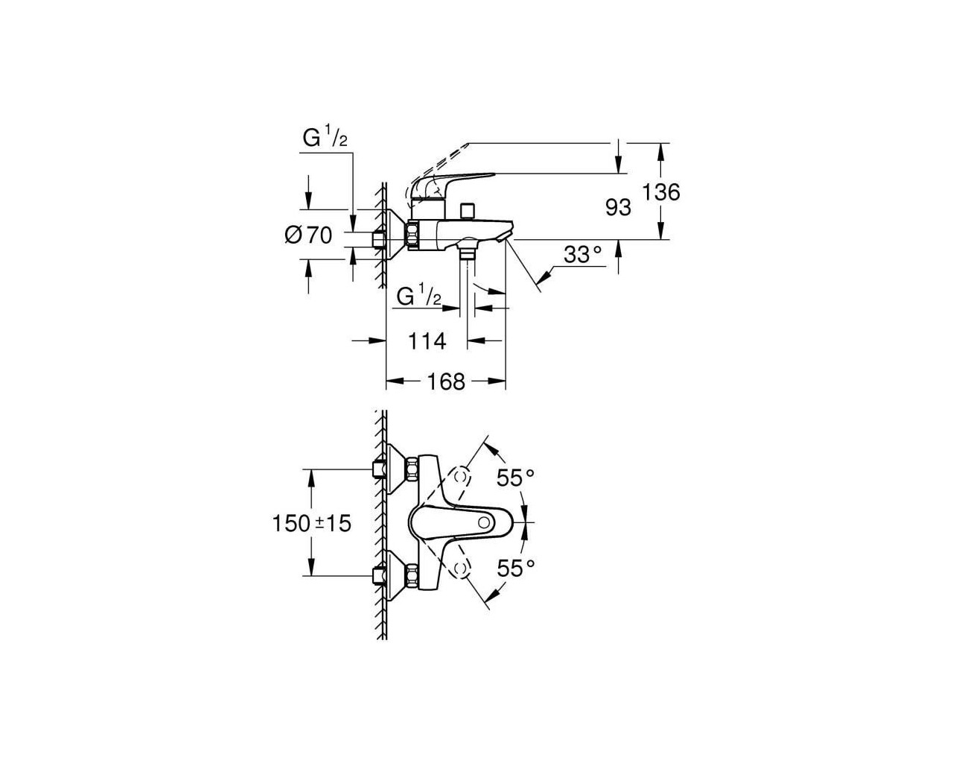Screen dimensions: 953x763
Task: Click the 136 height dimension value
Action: pyautogui.click(x=660, y=192)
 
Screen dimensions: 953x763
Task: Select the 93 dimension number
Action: pyautogui.click(x=618, y=207)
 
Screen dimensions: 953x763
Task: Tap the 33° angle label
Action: pyautogui.click(x=583, y=255)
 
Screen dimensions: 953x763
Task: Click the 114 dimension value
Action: pyautogui.click(x=427, y=341)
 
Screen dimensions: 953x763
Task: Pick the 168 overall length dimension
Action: pyautogui.click(x=446, y=381)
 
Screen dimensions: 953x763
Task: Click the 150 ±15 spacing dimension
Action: pyautogui.click(x=311, y=523)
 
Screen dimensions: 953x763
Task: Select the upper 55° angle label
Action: pyautogui.click(x=515, y=478)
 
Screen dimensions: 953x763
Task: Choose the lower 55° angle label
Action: pyautogui.click(x=515, y=568)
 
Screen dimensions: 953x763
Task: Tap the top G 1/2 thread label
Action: pyautogui.click(x=325, y=136)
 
